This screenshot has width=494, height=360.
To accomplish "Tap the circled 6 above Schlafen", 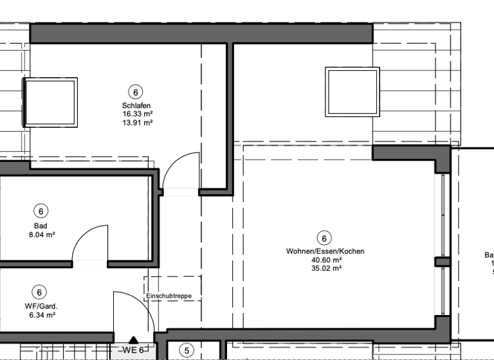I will coord(135,92).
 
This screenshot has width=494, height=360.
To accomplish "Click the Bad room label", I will coord(41,226).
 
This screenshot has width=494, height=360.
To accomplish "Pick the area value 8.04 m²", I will coord(41,235).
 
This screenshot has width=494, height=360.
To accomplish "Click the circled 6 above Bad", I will coord(41,211).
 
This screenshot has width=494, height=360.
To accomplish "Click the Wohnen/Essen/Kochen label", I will coord(325,251).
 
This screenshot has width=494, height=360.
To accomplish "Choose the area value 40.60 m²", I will coord(325,260).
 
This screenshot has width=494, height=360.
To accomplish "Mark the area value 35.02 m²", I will coord(325,268).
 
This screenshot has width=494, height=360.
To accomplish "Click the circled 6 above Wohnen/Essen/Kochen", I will coord(325,238).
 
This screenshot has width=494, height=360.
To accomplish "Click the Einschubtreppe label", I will coord(169,296).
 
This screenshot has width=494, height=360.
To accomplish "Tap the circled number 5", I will coord(187,350).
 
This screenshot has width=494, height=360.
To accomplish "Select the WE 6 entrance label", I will coord(133,350).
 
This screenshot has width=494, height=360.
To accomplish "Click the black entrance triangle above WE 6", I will coord(134,340).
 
